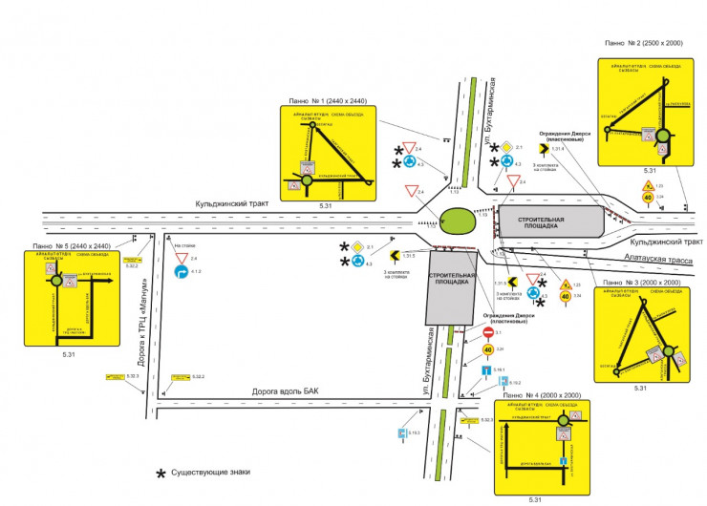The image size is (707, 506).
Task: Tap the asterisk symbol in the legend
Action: (x=161, y=473)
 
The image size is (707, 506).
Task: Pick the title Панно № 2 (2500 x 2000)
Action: (x=645, y=43)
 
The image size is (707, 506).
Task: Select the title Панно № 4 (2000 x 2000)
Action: (x=541, y=394)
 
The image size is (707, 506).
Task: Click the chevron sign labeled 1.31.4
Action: (x=542, y=150)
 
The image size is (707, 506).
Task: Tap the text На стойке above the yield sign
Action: (x=185, y=246)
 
